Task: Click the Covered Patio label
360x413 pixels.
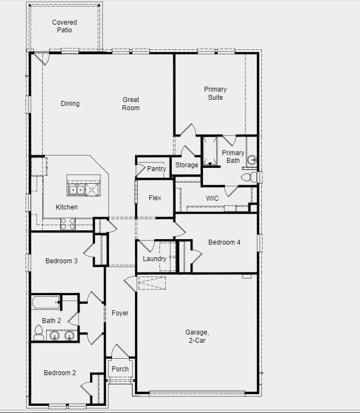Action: click(64, 26)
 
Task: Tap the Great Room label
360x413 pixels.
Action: click(131, 104)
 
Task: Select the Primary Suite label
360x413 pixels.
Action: click(215, 93)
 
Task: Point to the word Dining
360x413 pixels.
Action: click(70, 104)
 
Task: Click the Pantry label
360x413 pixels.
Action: click(156, 169)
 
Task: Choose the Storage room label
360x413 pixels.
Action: click(187, 165)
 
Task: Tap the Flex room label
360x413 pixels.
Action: click(155, 197)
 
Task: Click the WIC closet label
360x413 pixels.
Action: click(212, 198)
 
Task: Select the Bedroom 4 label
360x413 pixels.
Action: click(224, 242)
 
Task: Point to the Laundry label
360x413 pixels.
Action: click(154, 259)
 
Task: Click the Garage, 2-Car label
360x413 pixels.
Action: click(196, 336)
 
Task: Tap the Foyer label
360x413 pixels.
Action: click(120, 313)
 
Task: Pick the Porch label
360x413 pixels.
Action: click(120, 369)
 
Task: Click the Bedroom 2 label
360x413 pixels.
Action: click(60, 373)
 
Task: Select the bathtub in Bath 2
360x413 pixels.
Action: click(46, 302)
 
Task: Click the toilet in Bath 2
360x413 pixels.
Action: click(38, 331)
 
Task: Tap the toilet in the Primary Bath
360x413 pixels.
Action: click(250, 177)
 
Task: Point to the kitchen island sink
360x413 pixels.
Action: click(76, 190)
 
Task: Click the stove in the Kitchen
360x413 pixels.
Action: click(68, 223)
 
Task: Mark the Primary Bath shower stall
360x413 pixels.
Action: click(210, 151)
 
